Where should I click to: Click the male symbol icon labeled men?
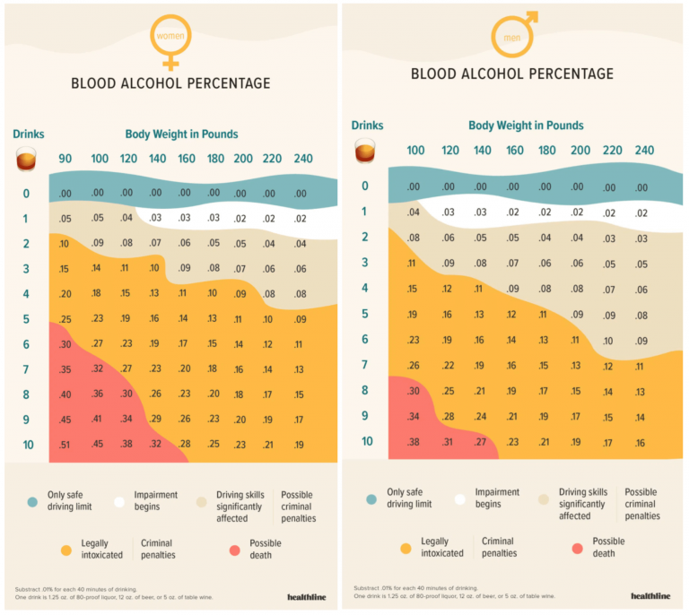[511, 34]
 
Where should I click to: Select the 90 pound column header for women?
[65, 159]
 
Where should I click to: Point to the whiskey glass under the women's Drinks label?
[27, 160]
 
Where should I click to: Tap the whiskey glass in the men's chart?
[365, 150]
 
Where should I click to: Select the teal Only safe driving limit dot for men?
[371, 498]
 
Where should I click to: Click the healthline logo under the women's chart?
[306, 596]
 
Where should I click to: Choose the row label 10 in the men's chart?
[365, 441]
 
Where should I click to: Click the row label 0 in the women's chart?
[26, 194]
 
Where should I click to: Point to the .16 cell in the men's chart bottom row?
[641, 442]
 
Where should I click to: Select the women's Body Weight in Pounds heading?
[181, 134]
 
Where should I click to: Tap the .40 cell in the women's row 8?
[65, 394]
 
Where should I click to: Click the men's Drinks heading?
[367, 126]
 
